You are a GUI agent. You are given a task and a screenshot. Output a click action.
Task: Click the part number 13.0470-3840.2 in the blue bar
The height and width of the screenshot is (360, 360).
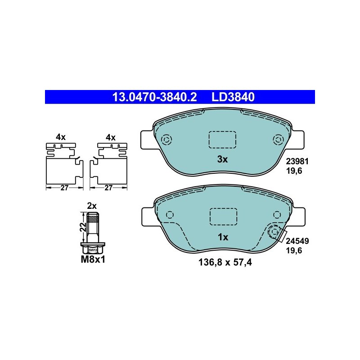tap(154, 97)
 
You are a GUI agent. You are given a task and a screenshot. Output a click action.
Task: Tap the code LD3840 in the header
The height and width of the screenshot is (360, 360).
tap(233, 97)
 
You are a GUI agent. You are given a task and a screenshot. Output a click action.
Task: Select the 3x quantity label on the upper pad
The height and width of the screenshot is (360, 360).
tap(222, 159)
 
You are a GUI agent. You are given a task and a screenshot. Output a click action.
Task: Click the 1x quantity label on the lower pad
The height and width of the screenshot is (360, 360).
tap(223, 237)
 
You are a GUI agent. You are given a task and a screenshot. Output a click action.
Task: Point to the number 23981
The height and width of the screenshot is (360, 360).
tap(297, 162)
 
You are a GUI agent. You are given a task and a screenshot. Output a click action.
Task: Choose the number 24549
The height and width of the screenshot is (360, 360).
tap(297, 241)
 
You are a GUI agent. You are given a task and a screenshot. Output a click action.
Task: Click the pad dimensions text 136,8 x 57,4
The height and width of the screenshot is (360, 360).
tap(225, 262)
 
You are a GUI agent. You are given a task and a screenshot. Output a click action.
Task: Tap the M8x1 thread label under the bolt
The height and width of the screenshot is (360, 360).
tap(93, 260)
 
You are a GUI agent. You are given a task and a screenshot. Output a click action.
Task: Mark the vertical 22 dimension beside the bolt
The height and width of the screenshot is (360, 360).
tap(84, 227)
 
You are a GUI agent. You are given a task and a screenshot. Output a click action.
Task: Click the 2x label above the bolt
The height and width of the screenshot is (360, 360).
tap(92, 206)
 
